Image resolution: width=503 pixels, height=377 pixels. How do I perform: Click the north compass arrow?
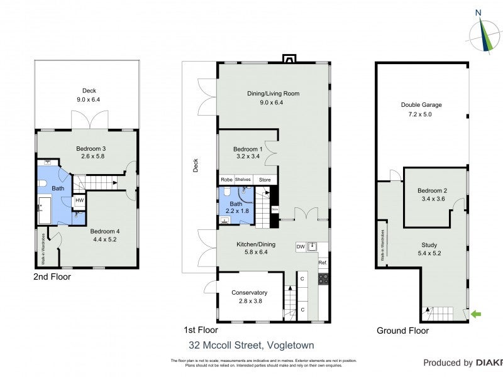point(485,31)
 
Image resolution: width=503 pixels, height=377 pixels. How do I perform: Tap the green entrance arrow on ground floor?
point(477,314)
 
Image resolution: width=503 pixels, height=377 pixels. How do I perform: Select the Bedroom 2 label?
point(432,191)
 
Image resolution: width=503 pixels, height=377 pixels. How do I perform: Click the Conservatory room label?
point(250,292)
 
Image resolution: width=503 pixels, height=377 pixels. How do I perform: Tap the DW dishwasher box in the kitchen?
point(301,247)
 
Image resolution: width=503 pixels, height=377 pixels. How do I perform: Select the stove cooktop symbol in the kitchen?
point(323,278)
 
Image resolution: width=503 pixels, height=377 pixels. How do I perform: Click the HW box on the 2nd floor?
point(79,201)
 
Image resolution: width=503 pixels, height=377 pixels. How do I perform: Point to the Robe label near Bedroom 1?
point(226,179)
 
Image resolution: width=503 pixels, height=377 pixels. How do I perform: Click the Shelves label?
point(243,179)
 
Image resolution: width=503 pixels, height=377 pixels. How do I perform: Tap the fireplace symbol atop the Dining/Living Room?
point(289,60)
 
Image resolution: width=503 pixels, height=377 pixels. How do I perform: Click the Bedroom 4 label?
point(104,231)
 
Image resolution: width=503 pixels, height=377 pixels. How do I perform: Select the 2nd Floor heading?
point(52,276)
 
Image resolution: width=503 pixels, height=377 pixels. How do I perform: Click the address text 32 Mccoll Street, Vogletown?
point(251,345)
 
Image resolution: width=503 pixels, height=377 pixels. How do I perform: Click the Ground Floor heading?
point(402,331)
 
